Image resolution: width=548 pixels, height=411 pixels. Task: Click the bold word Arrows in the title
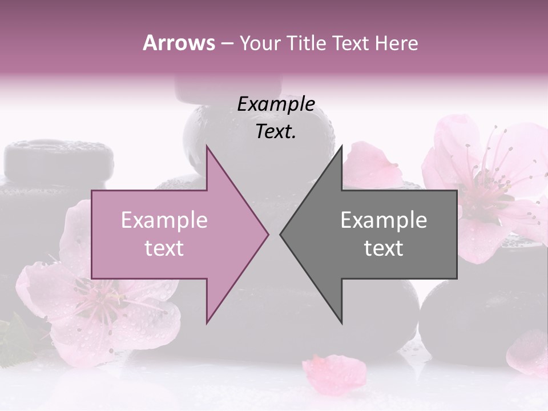point(179,43)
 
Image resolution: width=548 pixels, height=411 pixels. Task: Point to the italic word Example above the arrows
point(276,104)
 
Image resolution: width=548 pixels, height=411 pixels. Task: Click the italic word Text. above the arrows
point(276,131)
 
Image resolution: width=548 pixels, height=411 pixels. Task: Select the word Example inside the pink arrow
point(164,220)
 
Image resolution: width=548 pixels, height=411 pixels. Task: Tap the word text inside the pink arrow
point(164,248)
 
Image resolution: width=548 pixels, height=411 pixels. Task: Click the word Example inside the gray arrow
point(384,220)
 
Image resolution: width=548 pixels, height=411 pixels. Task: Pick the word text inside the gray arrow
point(384,248)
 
